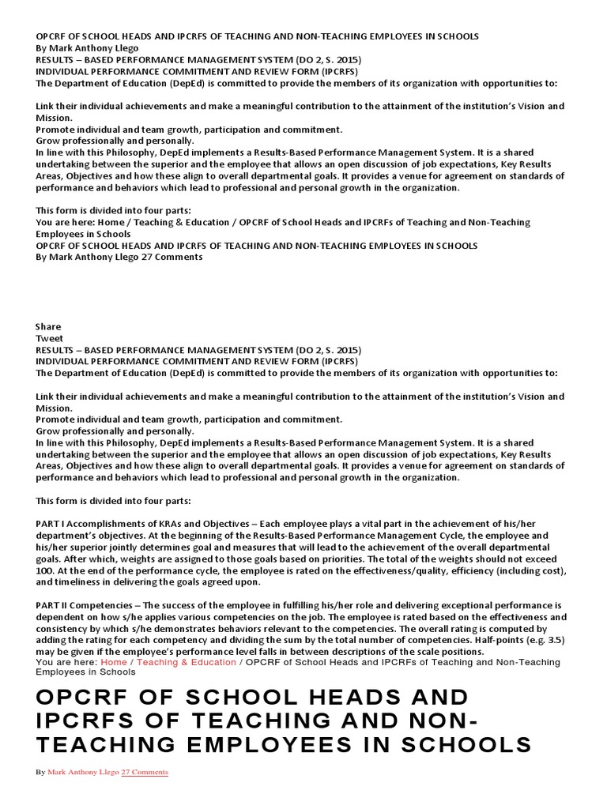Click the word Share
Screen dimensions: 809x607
point(48,326)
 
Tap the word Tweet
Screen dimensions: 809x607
point(49,338)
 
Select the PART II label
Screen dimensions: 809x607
point(55,605)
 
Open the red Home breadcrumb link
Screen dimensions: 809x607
point(114,662)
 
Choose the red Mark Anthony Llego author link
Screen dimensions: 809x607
point(82,772)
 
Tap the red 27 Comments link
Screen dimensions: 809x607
point(145,772)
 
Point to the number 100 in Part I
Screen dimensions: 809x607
point(45,570)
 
